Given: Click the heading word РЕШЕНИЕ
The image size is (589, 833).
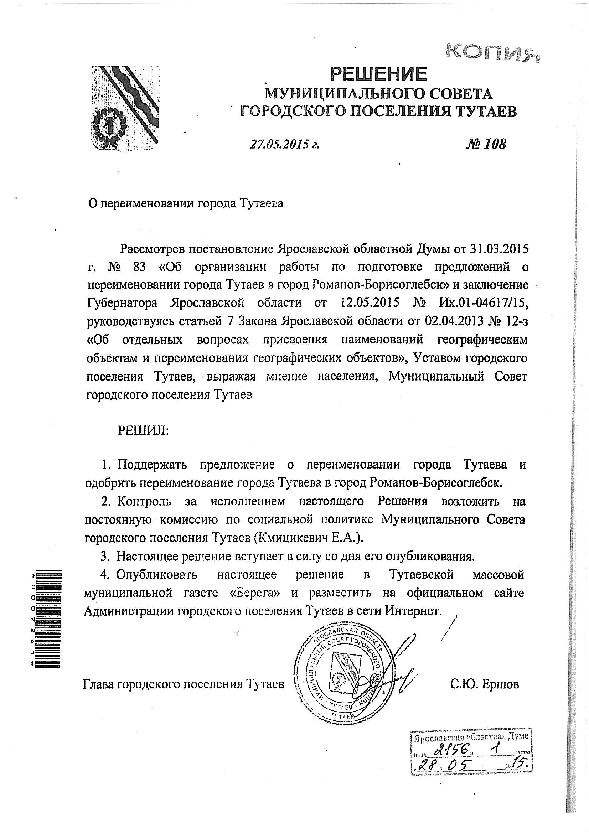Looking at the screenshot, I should coord(378,74).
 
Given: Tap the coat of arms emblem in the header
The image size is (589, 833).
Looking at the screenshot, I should coord(124,108).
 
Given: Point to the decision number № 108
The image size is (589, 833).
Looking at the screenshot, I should coord(485,144).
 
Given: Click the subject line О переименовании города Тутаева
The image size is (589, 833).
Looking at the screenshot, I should coord(185,203).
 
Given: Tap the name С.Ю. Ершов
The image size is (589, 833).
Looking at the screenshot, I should coord(485,684).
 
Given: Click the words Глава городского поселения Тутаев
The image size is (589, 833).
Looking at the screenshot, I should coord(184,684).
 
